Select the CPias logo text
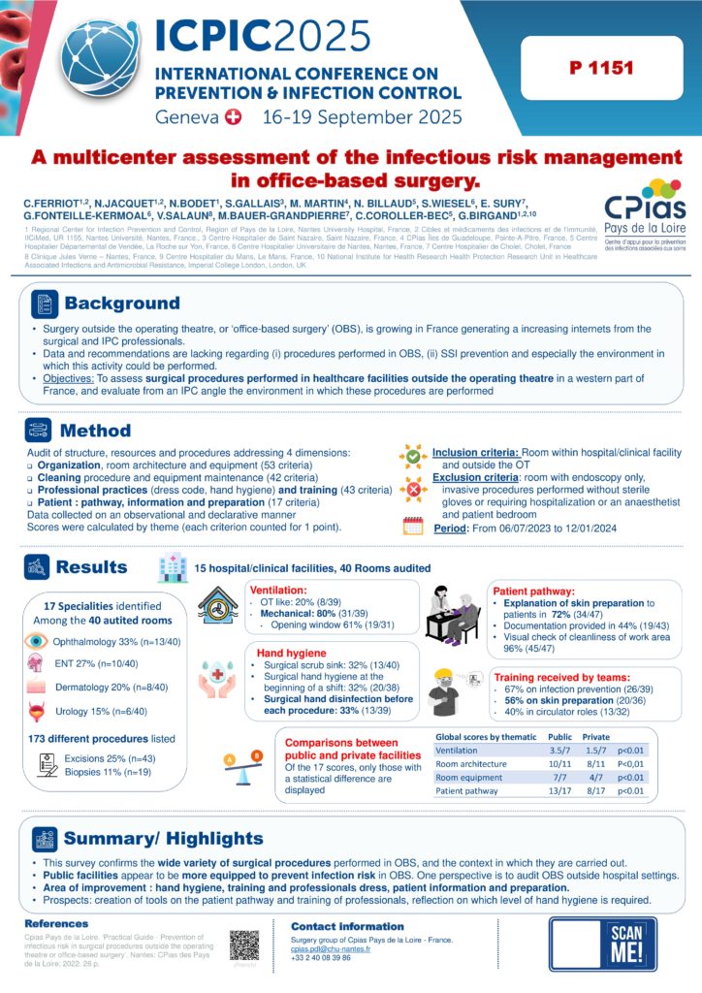(x=645, y=207)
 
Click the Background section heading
(x=121, y=304)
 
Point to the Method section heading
(x=95, y=430)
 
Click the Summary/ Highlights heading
(x=163, y=838)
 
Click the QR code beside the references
(x=245, y=945)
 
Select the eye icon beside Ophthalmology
(x=35, y=641)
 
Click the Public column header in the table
(x=559, y=736)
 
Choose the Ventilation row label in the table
(x=457, y=750)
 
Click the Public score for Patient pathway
(x=559, y=790)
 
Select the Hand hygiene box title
(x=284, y=653)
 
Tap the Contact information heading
(x=339, y=927)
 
